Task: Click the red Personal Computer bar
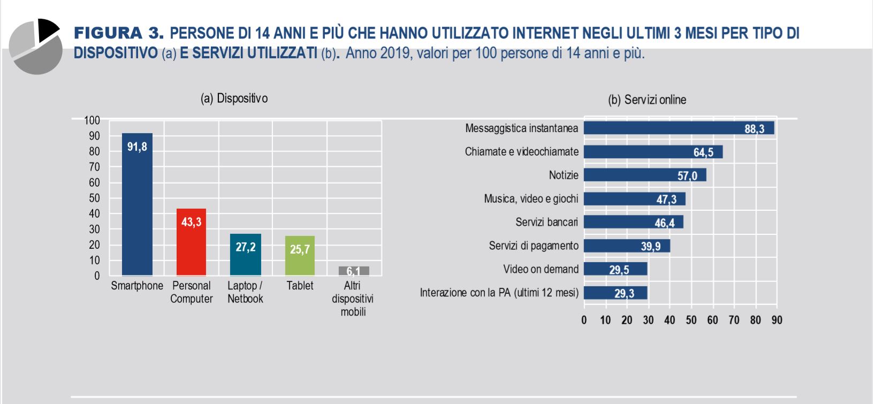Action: tap(191, 242)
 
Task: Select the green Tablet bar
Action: tap(300, 256)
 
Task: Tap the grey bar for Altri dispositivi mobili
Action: tap(353, 271)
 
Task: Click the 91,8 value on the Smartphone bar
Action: tap(137, 147)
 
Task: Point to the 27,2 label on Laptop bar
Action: tap(246, 247)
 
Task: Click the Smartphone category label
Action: tap(137, 286)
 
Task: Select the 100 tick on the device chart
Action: tap(92, 120)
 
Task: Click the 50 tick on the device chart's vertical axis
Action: tap(94, 198)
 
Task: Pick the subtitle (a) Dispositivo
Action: tap(234, 98)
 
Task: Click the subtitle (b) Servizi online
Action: tap(647, 100)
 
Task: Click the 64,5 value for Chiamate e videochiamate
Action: tap(703, 153)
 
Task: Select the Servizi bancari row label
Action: tap(546, 222)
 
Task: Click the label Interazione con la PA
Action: tap(499, 293)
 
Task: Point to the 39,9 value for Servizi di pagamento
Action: tap(650, 246)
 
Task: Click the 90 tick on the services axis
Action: tap(777, 320)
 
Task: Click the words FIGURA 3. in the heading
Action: tap(118, 33)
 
